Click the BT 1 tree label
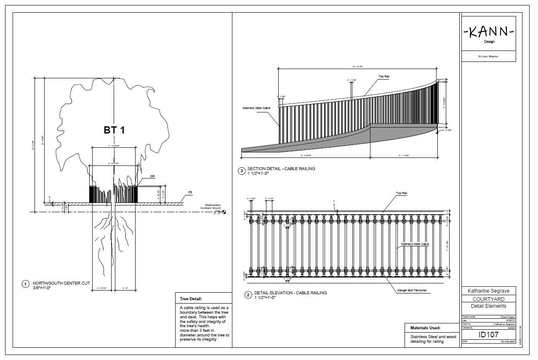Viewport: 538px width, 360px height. pyautogui.click(x=114, y=130)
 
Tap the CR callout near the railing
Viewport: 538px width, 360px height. pyautogui.click(x=152, y=176)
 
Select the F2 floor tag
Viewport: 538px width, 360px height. pyautogui.click(x=190, y=192)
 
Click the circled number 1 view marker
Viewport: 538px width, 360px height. pyautogui.click(x=25, y=284)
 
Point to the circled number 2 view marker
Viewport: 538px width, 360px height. pyautogui.click(x=248, y=295)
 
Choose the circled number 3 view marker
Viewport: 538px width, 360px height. pyautogui.click(x=242, y=171)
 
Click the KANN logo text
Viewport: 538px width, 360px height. pyautogui.click(x=488, y=32)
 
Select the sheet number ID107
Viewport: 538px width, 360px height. pyautogui.click(x=488, y=335)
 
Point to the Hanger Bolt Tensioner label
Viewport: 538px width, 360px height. pyautogui.click(x=412, y=290)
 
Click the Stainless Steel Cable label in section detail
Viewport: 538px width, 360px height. pyautogui.click(x=256, y=108)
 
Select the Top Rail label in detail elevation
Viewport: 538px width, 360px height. pyautogui.click(x=401, y=193)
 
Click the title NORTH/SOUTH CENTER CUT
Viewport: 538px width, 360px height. pyautogui.click(x=61, y=283)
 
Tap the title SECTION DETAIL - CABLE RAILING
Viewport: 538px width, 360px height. pyautogui.click(x=281, y=169)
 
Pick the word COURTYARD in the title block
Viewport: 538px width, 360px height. pyautogui.click(x=488, y=299)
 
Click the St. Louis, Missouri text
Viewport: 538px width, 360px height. pyautogui.click(x=488, y=56)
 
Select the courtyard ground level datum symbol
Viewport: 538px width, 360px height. pyautogui.click(x=223, y=212)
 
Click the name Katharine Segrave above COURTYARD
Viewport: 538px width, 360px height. pyautogui.click(x=488, y=291)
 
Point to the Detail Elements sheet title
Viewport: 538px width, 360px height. pyautogui.click(x=488, y=306)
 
